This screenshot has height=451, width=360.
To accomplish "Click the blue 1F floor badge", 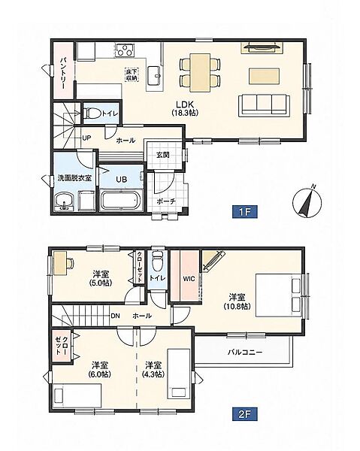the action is (x=245, y=212).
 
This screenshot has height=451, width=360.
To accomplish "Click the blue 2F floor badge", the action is (x=245, y=414).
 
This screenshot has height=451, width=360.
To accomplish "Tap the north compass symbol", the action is (x=307, y=201).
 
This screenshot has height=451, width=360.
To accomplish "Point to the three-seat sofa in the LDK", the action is (x=264, y=105).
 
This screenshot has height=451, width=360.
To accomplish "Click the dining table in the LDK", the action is (x=200, y=72).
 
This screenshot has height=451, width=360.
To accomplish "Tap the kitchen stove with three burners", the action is (x=126, y=50).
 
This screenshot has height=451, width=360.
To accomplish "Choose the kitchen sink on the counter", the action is (x=154, y=76).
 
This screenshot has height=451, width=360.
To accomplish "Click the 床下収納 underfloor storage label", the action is (x=132, y=74).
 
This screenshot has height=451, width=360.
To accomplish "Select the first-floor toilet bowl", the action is (x=92, y=113).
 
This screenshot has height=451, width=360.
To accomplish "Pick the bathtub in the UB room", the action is (x=121, y=200).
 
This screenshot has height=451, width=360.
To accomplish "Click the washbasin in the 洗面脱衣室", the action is (x=65, y=201).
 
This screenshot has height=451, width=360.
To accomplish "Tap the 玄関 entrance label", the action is (x=163, y=155).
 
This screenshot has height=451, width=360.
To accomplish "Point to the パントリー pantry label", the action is (x=63, y=74).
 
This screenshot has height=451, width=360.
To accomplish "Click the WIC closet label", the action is (x=189, y=278).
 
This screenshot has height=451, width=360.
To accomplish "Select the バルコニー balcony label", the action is (x=245, y=352).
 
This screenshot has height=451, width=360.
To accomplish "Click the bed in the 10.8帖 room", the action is (x=279, y=295).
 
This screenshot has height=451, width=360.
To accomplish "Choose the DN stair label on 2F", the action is (x=115, y=316).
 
